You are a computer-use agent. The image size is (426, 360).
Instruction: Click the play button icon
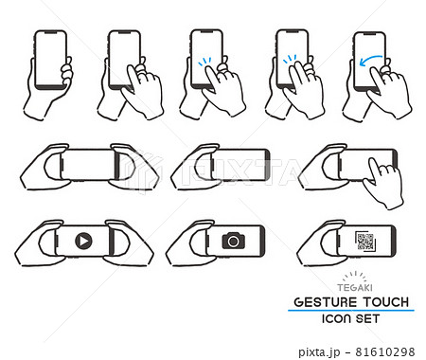tap(83, 242)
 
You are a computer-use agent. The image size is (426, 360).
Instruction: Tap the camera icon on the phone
tap(233, 241)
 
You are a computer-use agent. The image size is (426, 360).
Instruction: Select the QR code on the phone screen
tap(365, 241)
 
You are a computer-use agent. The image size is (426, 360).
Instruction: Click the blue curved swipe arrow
tap(370, 60)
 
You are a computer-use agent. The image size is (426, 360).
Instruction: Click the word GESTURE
tap(325, 302)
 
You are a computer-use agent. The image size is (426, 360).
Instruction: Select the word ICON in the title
tap(336, 318)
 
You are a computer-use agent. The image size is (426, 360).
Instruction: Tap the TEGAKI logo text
tap(355, 288)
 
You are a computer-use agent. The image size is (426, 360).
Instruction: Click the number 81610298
tap(385, 351)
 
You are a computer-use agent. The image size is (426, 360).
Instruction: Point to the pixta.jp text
tap(319, 351)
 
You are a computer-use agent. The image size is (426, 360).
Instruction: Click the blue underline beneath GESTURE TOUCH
tap(351, 311)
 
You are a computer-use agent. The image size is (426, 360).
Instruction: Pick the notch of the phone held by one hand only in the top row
tap(50, 32)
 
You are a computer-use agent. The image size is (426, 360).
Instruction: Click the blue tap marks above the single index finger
tap(204, 62)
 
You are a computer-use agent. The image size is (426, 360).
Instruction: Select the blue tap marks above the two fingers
tap(290, 59)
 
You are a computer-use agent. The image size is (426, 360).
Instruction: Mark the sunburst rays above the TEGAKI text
tap(355, 276)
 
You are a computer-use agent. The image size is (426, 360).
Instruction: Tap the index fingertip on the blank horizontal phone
tap(373, 161)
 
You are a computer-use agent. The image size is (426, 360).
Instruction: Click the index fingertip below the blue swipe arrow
tap(374, 71)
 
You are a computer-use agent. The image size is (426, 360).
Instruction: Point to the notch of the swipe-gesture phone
tap(369, 34)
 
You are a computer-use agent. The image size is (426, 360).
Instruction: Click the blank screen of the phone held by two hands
tap(88, 165)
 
